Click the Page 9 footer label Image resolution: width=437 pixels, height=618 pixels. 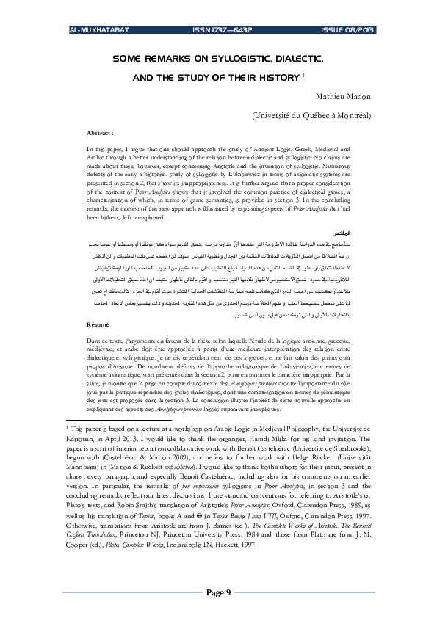[x=218, y=592]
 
